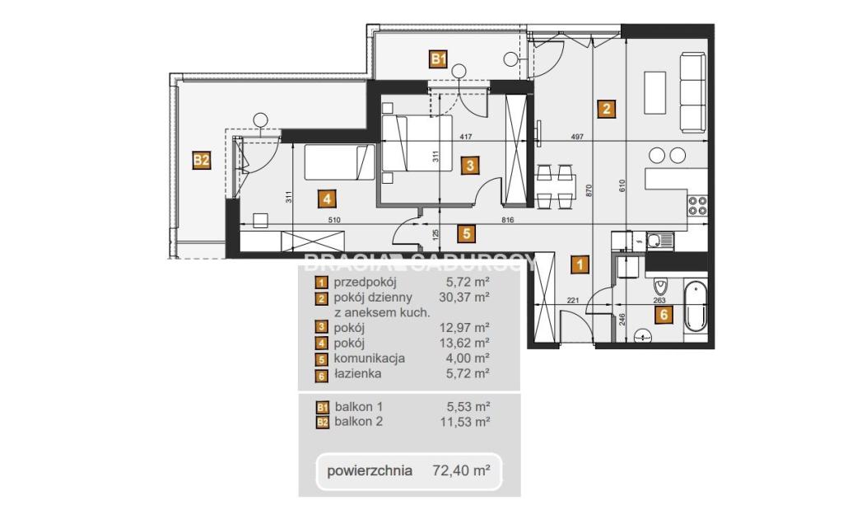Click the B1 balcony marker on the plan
[439, 58]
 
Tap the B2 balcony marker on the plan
[202, 161]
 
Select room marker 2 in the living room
[607, 110]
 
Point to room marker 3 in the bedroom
[470, 165]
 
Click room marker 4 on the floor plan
[327, 199]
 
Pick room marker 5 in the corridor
[466, 233]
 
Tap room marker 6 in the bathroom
[664, 314]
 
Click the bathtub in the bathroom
[695, 308]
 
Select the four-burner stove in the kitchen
[698, 205]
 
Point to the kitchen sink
[659, 241]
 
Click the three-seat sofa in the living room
[692, 92]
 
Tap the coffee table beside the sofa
[654, 92]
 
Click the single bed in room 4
[339, 162]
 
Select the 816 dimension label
[507, 219]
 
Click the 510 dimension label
[334, 219]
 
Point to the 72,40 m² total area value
[461, 471]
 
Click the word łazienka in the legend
[357, 373]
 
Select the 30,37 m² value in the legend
[464, 297]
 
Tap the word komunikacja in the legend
[370, 358]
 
